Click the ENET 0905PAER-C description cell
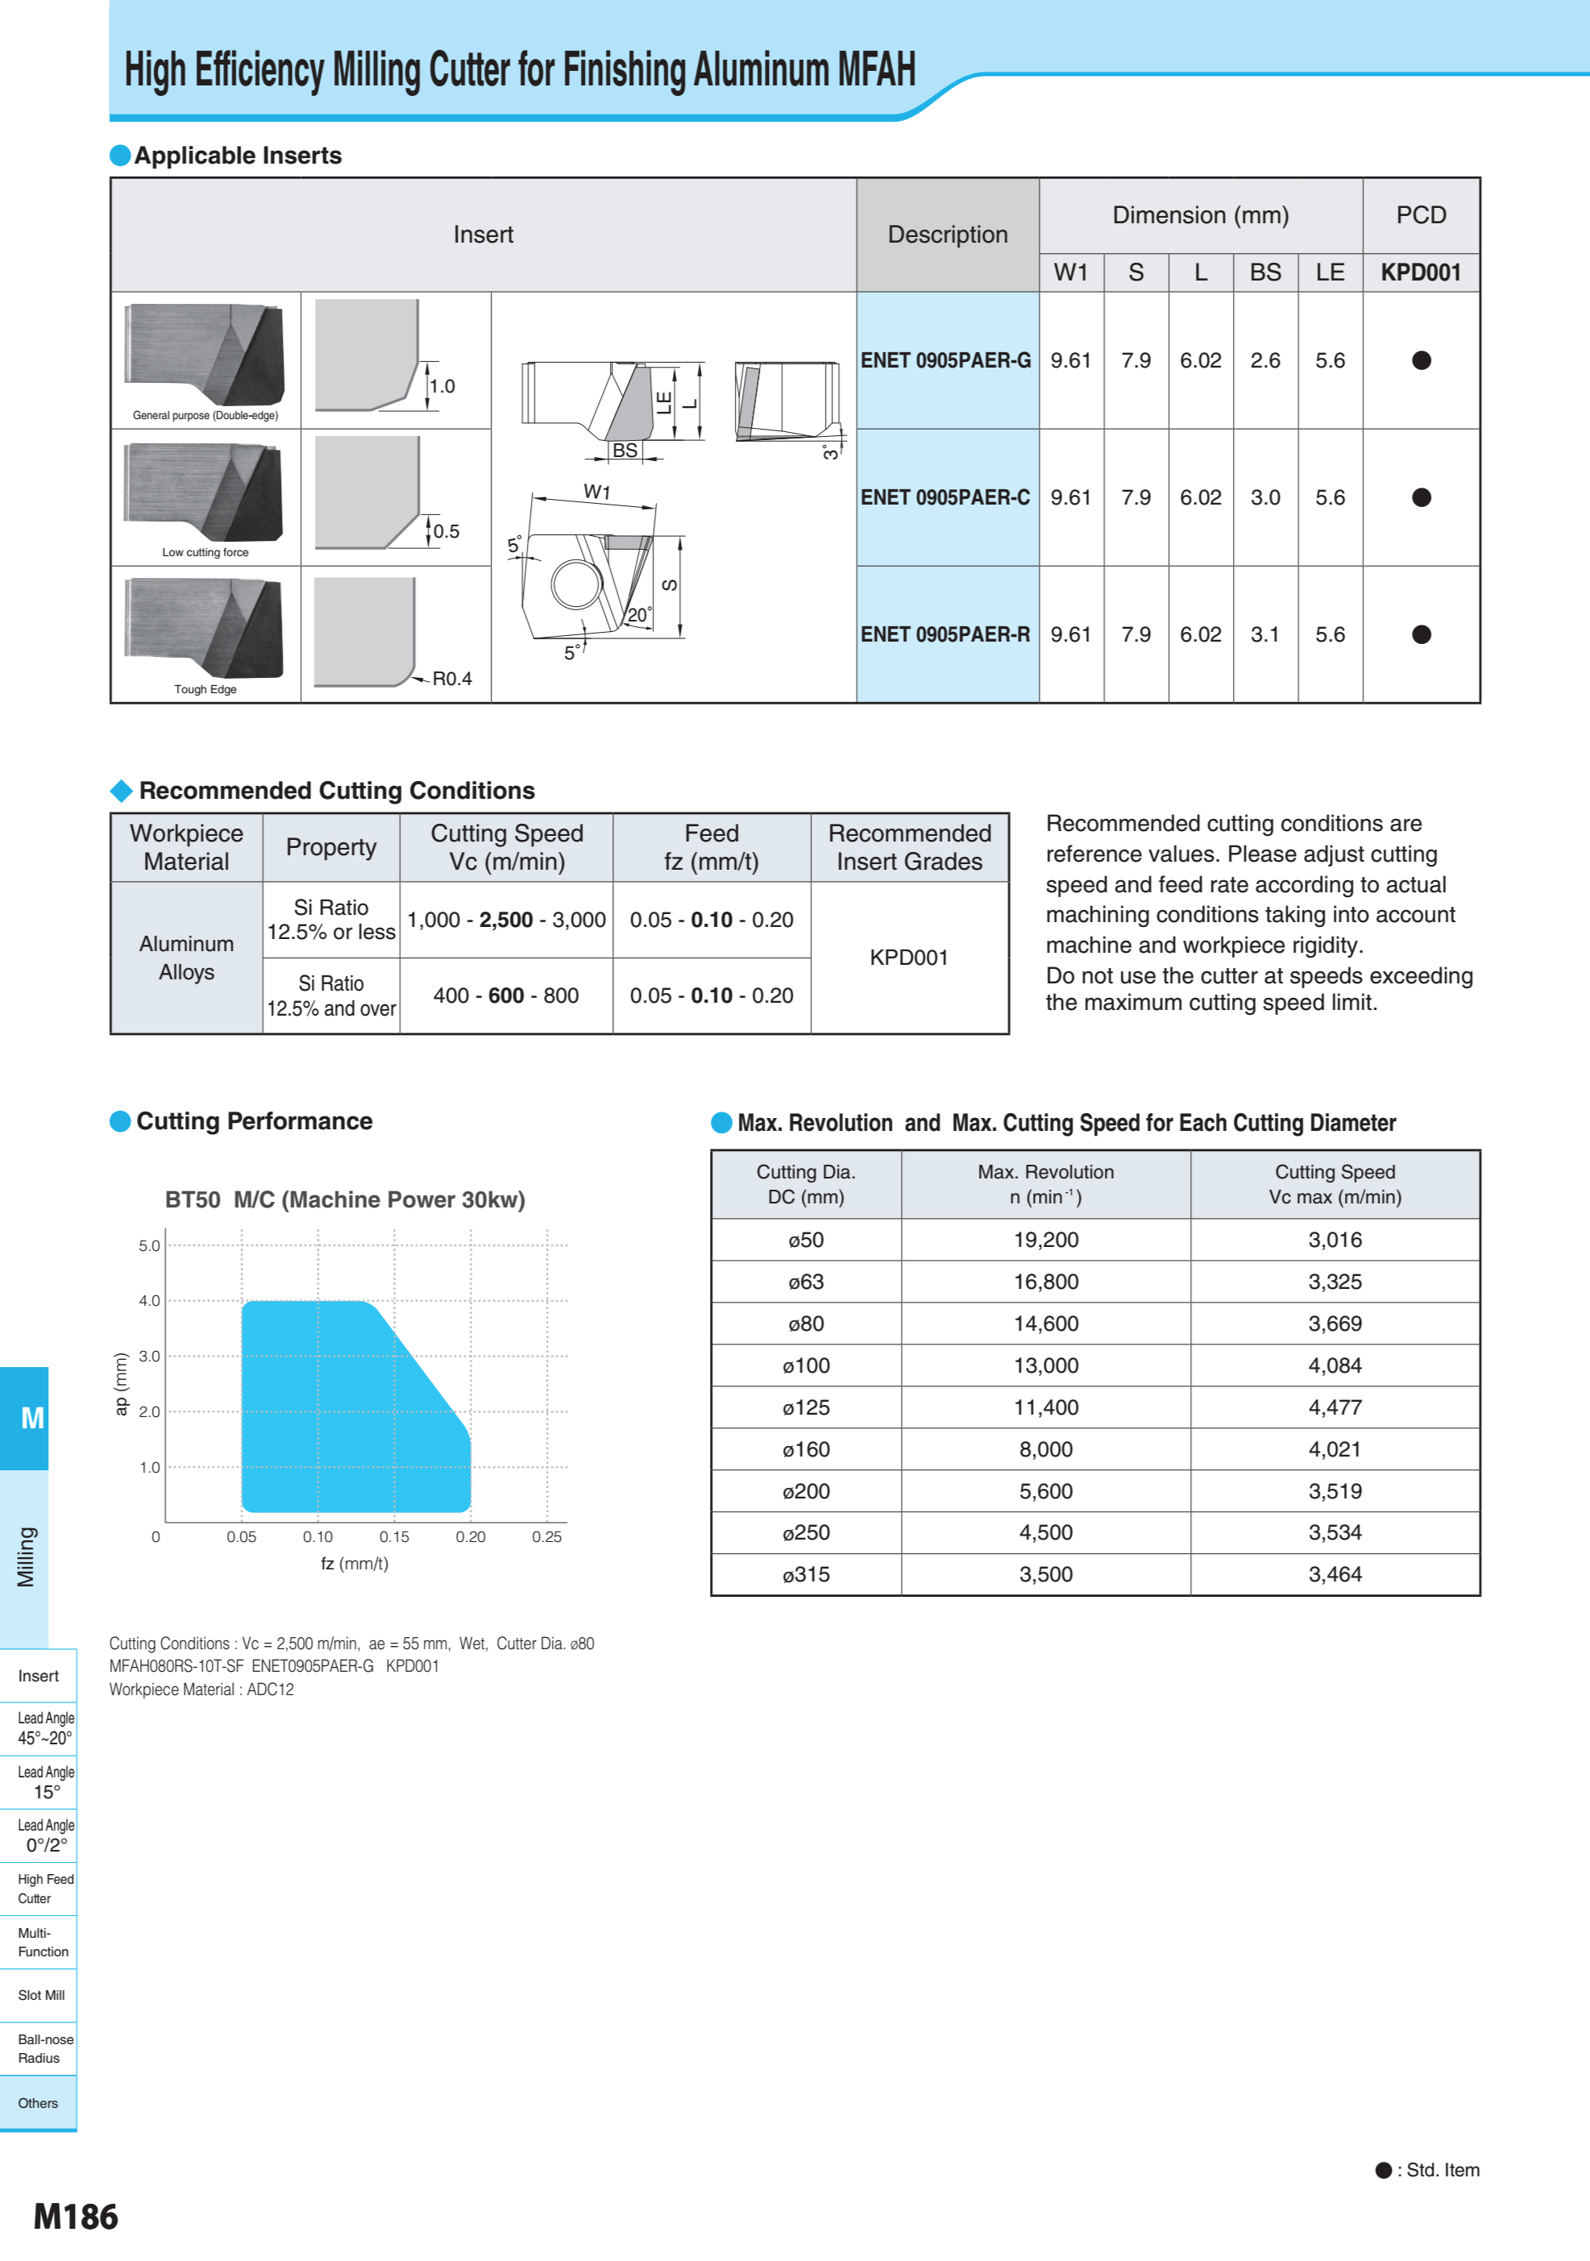point(946,497)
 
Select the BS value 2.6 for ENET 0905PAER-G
point(1265,360)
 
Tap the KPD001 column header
point(1421,272)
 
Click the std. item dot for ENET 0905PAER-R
point(1421,634)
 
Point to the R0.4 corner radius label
point(452,679)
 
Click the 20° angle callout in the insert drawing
point(639,614)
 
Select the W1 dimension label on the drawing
point(596,492)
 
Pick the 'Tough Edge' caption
point(205,689)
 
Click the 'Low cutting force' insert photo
point(204,493)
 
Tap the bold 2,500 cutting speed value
point(506,920)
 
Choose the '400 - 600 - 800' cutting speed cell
point(506,995)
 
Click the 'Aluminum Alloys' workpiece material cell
point(186,957)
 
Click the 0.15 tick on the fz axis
point(394,1536)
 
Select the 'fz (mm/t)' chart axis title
point(355,1564)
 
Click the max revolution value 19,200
point(1045,1240)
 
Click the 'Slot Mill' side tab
point(40,1995)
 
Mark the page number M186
point(76,2217)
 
